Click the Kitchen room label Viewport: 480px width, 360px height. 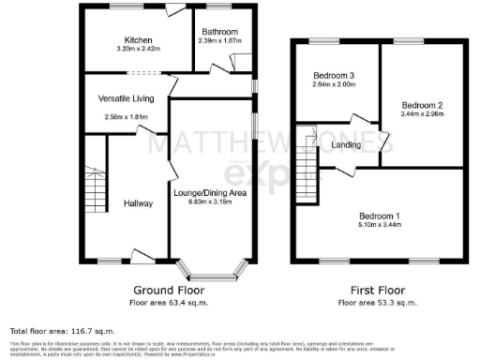pyautogui.click(x=133, y=40)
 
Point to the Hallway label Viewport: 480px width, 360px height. pyautogui.click(x=125, y=203)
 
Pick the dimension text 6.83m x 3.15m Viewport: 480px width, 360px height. pyautogui.click(x=210, y=201)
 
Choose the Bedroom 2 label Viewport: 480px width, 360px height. pyautogui.click(x=421, y=104)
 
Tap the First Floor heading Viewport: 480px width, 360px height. pyautogui.click(x=378, y=291)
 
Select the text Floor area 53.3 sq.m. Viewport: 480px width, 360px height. pyautogui.click(x=378, y=303)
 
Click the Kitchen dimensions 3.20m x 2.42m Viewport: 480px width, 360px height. pyautogui.click(x=133, y=50)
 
